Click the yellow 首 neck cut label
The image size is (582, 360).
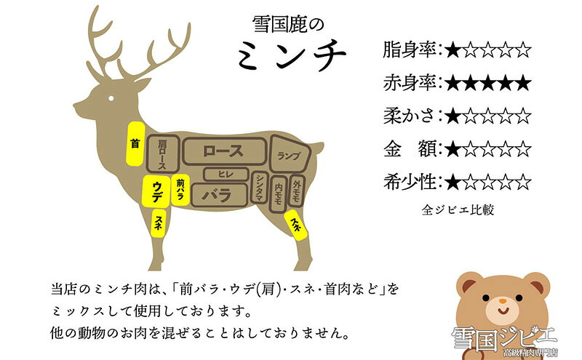pyautogui.click(x=135, y=143)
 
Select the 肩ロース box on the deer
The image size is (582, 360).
pyautogui.click(x=162, y=154)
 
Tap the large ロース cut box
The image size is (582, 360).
pyautogui.click(x=224, y=151)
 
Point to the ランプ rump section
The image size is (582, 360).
pyautogui.click(x=290, y=154)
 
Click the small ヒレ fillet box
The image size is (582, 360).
pyautogui.click(x=226, y=174)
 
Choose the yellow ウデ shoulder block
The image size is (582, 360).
pyautogui.click(x=156, y=190)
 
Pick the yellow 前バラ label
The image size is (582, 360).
pyautogui.click(x=180, y=190)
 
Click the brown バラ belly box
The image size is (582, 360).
pyautogui.click(x=219, y=194)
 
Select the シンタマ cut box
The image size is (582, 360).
pyautogui.click(x=259, y=188)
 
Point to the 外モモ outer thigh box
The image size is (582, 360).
pyautogui.click(x=297, y=191)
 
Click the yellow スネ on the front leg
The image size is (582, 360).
pyautogui.click(x=158, y=223)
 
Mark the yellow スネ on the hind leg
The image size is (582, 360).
pyautogui.click(x=296, y=225)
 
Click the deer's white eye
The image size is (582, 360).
pyautogui.click(x=111, y=98)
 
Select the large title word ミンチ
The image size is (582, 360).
pyautogui.click(x=292, y=55)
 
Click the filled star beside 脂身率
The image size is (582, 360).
pyautogui.click(x=453, y=49)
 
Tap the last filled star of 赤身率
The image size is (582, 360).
pyautogui.click(x=523, y=83)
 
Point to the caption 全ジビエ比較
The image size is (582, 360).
pyautogui.click(x=458, y=209)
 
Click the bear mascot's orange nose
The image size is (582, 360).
pyautogui.click(x=502, y=300)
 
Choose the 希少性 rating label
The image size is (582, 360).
pyautogui.click(x=410, y=182)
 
